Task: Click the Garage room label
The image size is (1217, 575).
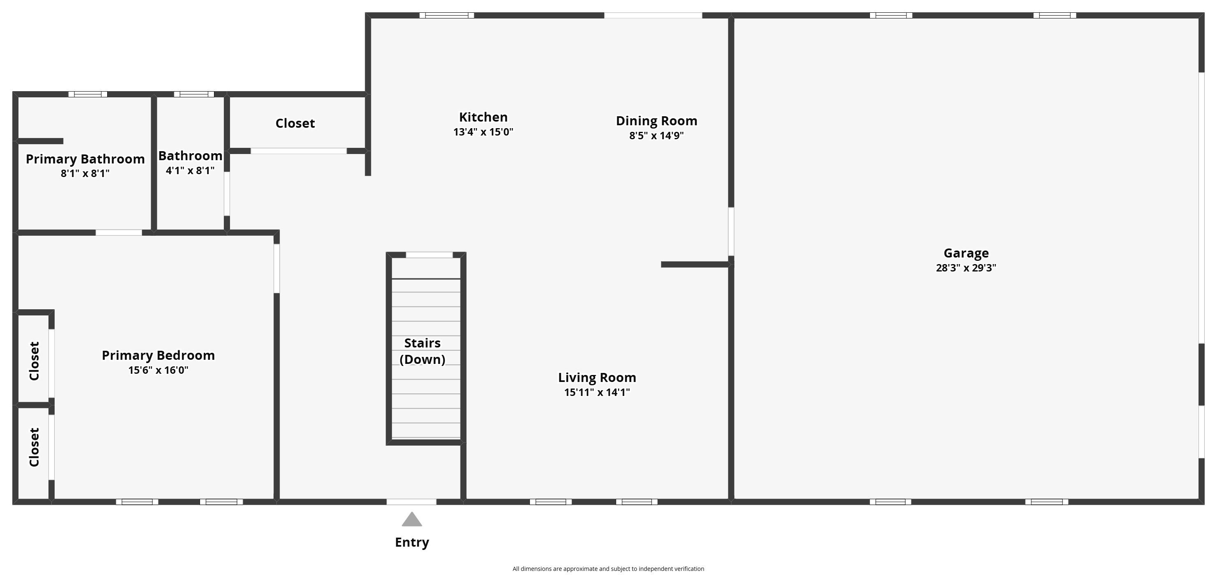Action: tap(966, 254)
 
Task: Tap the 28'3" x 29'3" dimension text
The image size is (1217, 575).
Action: tap(966, 268)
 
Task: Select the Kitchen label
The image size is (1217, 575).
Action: tap(483, 117)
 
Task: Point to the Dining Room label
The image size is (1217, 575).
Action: tap(656, 121)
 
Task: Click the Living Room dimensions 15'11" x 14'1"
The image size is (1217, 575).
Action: tap(597, 392)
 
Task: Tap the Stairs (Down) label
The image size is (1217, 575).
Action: tap(422, 351)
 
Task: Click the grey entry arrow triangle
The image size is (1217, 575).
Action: tap(412, 519)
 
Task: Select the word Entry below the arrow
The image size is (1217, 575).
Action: tap(412, 543)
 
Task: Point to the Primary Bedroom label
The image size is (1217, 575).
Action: tap(158, 355)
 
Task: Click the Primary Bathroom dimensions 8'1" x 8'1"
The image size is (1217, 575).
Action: tap(85, 173)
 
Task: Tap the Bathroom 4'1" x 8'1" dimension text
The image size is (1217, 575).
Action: tap(190, 170)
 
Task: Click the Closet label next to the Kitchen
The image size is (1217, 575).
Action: tap(295, 123)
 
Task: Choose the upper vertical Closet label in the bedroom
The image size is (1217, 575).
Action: tap(34, 361)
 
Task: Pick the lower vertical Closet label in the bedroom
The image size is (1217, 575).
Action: tap(34, 447)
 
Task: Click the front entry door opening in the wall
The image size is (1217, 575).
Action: tap(412, 502)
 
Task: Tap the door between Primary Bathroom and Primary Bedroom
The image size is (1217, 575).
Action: tap(119, 232)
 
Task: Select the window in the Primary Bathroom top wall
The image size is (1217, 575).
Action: tap(88, 94)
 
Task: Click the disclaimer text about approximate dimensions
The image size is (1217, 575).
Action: tap(608, 569)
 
